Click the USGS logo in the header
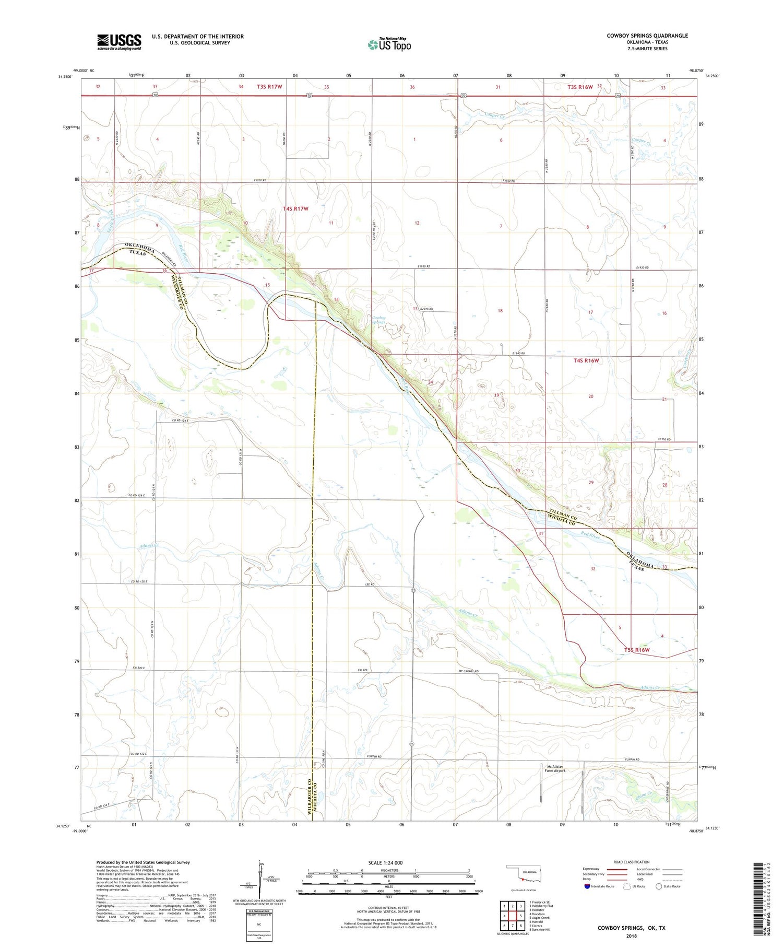pyautogui.click(x=119, y=42)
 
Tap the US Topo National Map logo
pyautogui.click(x=389, y=44)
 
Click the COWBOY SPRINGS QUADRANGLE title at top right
pyautogui.click(x=647, y=36)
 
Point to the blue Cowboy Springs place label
pyautogui.click(x=378, y=319)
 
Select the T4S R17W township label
pyautogui.click(x=295, y=208)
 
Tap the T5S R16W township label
pyautogui.click(x=637, y=650)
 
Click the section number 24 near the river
pyautogui.click(x=431, y=382)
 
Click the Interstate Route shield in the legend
pyautogui.click(x=587, y=886)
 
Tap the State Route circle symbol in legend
pyautogui.click(x=659, y=886)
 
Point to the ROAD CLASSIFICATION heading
pyautogui.click(x=631, y=862)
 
